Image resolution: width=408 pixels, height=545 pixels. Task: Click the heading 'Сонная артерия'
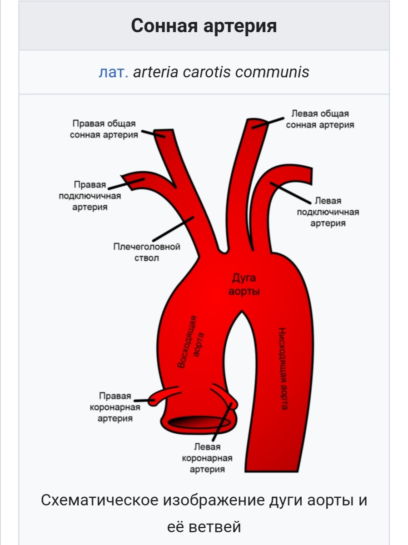click(x=204, y=26)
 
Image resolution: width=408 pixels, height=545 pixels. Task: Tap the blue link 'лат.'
click(x=113, y=72)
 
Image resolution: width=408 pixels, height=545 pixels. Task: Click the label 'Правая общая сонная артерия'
click(x=104, y=129)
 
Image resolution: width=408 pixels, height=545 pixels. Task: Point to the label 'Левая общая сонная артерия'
click(x=320, y=119)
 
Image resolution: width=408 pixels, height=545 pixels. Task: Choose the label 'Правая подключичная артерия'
click(x=90, y=196)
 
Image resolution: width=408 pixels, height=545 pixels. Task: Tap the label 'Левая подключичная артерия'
click(x=328, y=212)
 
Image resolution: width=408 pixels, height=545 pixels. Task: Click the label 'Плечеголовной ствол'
click(x=146, y=252)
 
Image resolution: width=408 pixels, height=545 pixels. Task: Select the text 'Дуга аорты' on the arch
click(x=244, y=284)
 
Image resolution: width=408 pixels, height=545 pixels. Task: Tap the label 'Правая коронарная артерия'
click(x=115, y=407)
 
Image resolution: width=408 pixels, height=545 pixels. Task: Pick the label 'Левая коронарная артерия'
click(x=207, y=458)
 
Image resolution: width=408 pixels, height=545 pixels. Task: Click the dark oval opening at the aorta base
click(x=199, y=422)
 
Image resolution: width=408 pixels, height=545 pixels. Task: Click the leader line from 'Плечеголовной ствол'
click(x=173, y=229)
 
